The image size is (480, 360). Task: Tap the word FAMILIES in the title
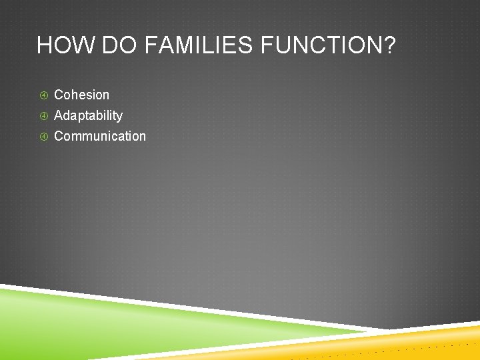pyautogui.click(x=195, y=46)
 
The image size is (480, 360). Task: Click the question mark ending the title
pyautogui.click(x=389, y=46)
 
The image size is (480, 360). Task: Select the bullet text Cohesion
pyautogui.click(x=81, y=95)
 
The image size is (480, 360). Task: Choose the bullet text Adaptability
pyautogui.click(x=88, y=115)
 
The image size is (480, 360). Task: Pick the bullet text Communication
pyautogui.click(x=99, y=136)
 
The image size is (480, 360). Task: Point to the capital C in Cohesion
pyautogui.click(x=59, y=95)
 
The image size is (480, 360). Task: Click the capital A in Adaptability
pyautogui.click(x=59, y=115)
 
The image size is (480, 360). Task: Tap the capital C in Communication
pyautogui.click(x=59, y=136)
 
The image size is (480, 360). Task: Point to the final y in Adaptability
pyautogui.click(x=119, y=117)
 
